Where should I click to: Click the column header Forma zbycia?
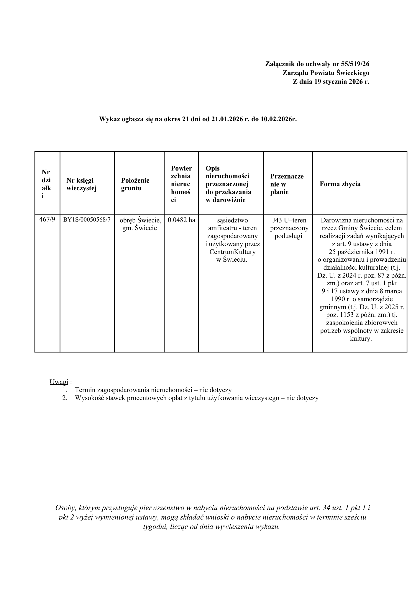[x=340, y=184]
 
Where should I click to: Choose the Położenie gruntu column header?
[x=135, y=184]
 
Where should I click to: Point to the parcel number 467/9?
[x=47, y=220]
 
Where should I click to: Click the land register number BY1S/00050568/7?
[x=87, y=220]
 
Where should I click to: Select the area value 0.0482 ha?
[x=181, y=220]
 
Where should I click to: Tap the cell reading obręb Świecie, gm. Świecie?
[x=140, y=224]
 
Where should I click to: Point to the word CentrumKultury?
[x=232, y=252]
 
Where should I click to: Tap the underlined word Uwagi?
[x=59, y=382]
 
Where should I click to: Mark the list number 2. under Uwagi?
[x=65, y=398]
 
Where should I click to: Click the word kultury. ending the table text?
[x=361, y=339]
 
